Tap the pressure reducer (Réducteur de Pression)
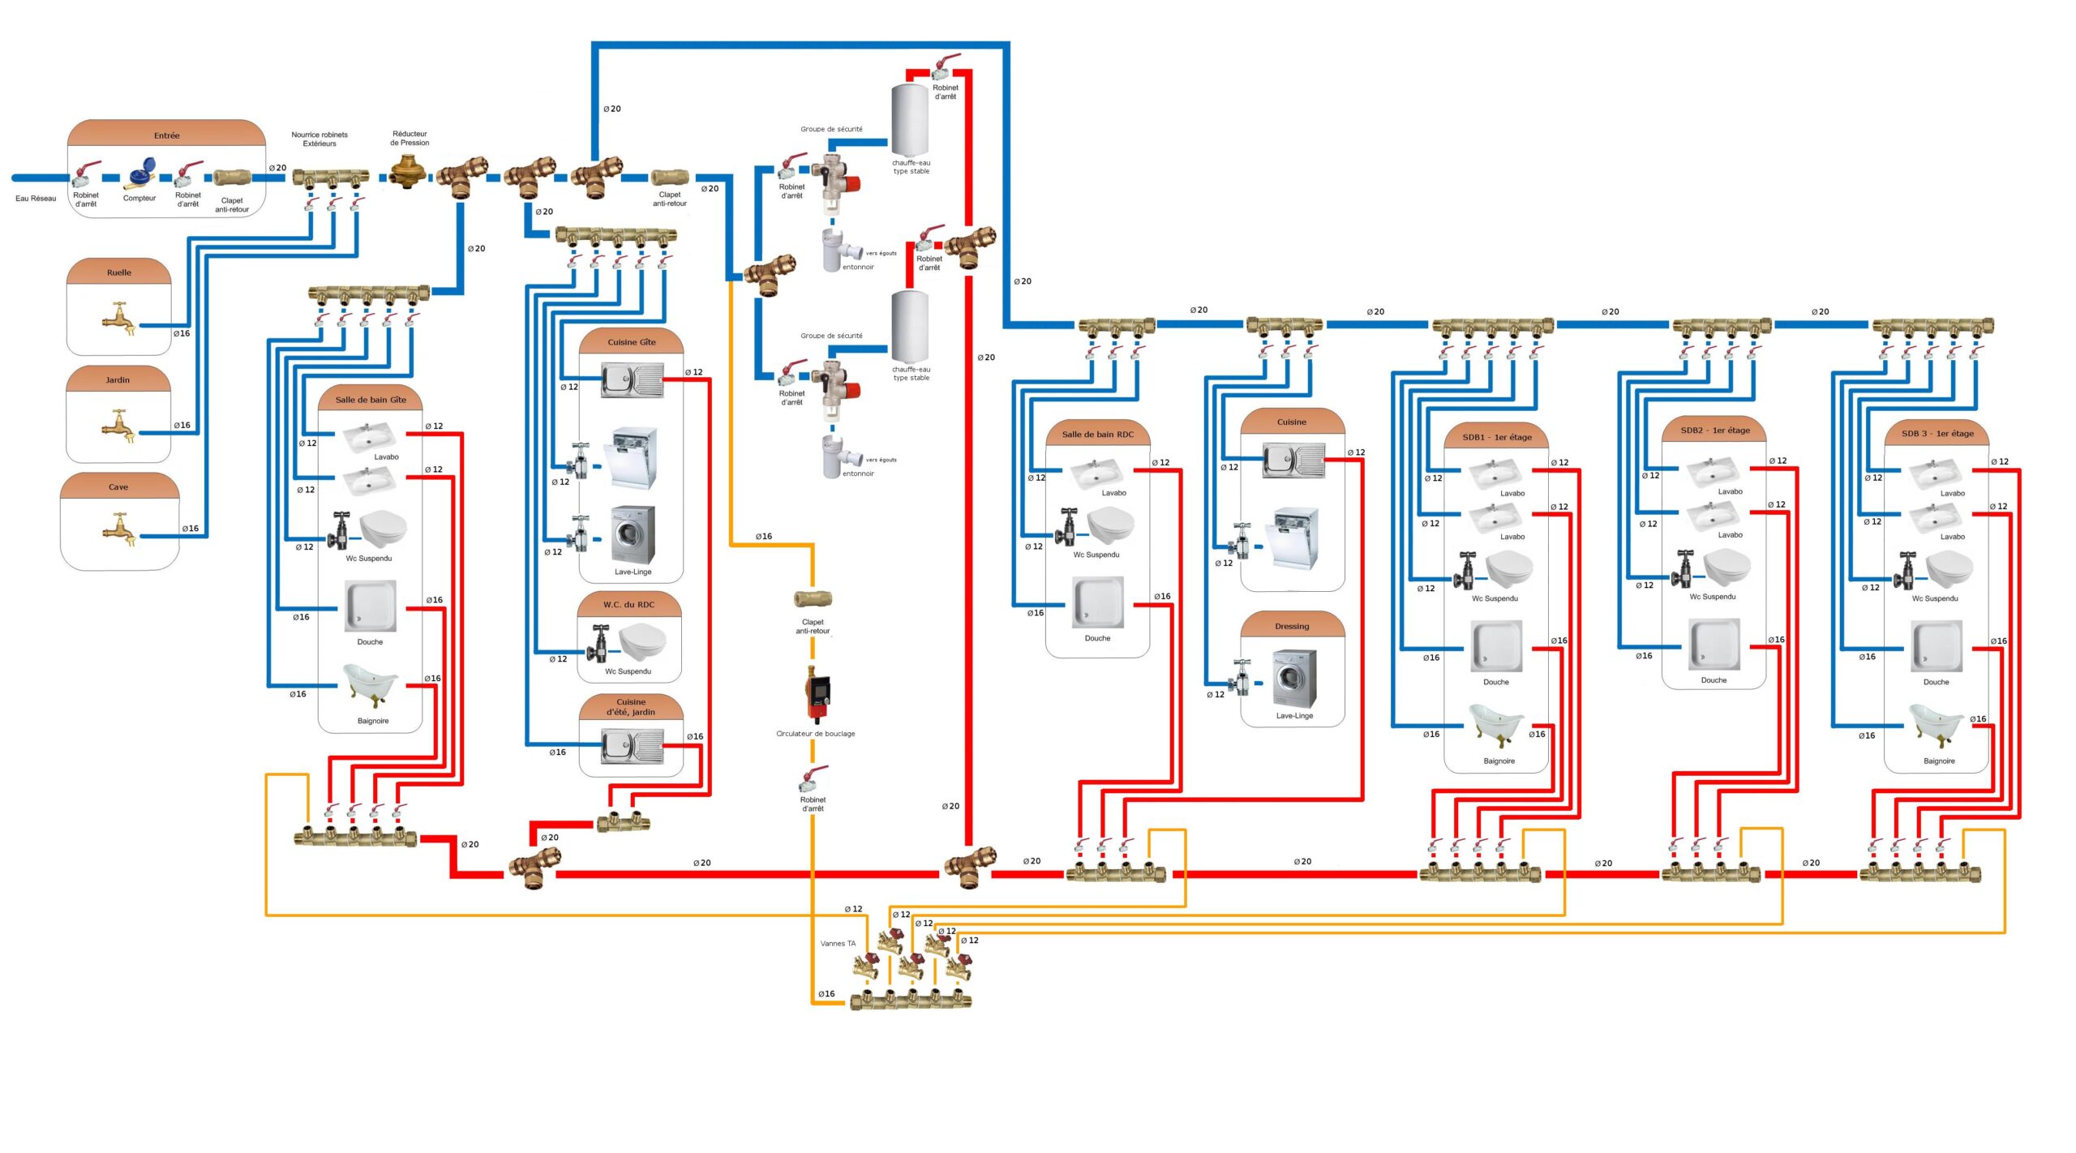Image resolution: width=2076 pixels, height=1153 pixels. pos(408,171)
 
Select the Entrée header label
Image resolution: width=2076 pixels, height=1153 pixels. pos(166,135)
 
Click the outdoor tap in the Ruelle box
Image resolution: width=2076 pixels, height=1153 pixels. pos(119,319)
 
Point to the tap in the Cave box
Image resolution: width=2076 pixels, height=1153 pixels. pos(119,529)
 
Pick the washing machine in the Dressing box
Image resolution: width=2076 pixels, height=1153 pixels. pos(1294,679)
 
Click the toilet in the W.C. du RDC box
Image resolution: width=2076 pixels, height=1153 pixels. pos(641,641)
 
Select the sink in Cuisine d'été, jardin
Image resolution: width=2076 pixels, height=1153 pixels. pos(632,745)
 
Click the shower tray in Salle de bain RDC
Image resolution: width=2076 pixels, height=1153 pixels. pos(1098,602)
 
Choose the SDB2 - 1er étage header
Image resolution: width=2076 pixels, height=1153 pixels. pos(1714,431)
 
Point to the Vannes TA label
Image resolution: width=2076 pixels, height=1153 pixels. pos(838,944)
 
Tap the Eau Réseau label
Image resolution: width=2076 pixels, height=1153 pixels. pos(36,199)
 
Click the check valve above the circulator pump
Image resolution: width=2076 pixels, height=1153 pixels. pos(813,599)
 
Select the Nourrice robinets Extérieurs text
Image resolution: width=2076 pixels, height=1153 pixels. pos(320,139)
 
